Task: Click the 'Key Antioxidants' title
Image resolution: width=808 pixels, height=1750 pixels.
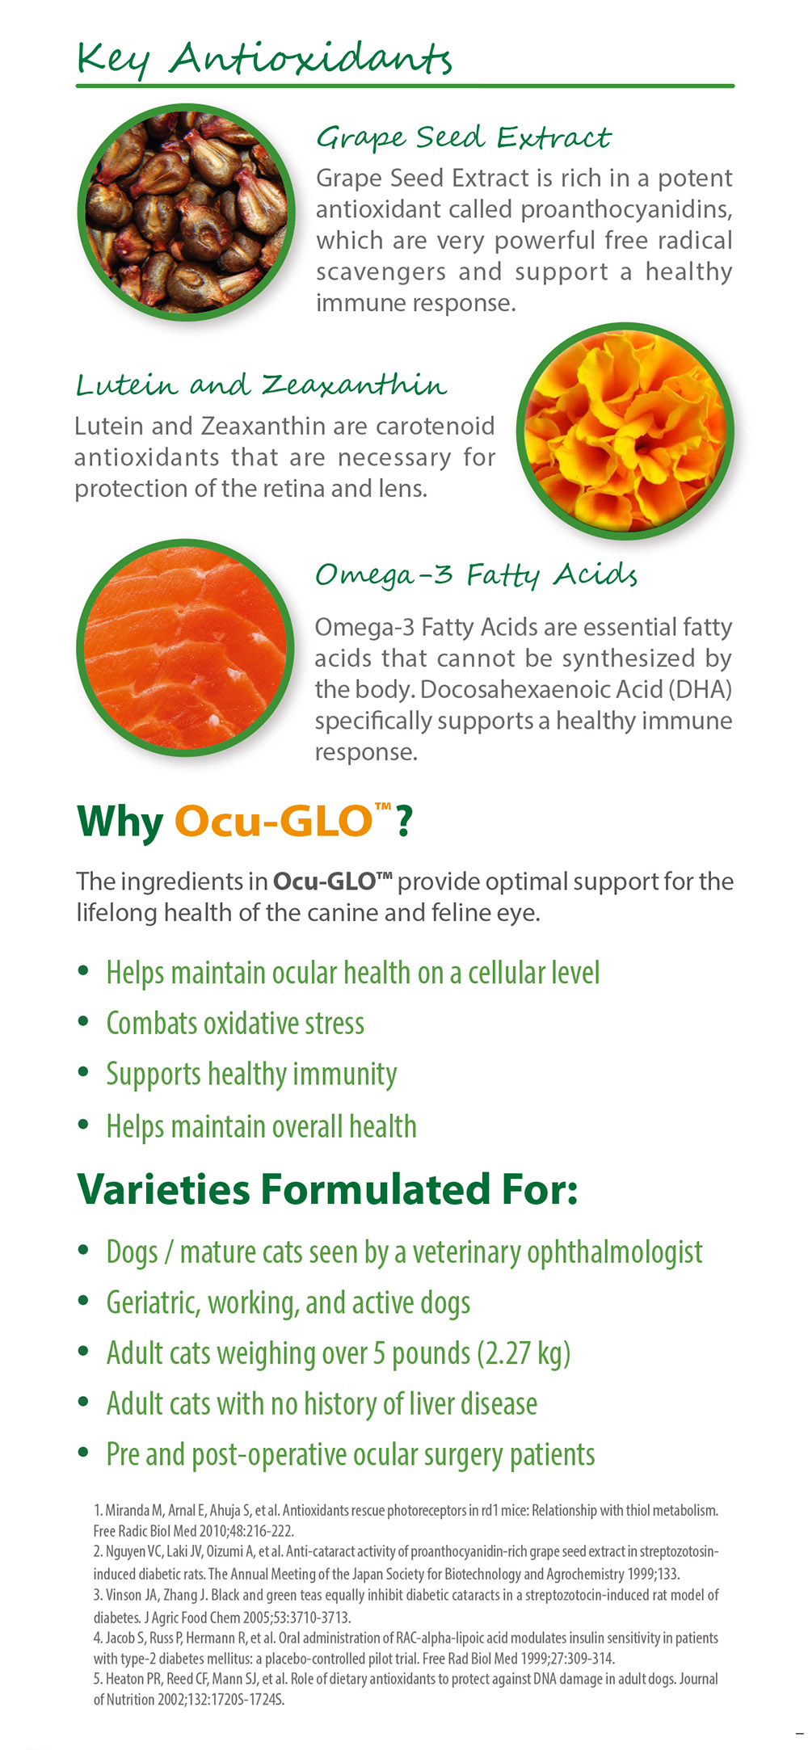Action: (x=263, y=58)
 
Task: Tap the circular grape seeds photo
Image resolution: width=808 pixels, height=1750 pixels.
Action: (x=186, y=212)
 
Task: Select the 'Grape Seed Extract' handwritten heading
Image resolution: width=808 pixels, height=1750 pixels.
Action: (x=463, y=137)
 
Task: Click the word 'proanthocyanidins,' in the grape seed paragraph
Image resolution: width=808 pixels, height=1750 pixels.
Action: (x=626, y=209)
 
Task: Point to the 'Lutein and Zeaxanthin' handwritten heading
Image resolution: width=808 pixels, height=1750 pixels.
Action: (x=261, y=385)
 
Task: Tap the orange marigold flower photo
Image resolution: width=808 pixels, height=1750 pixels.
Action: (x=625, y=431)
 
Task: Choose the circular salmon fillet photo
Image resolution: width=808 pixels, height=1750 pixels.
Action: (x=186, y=647)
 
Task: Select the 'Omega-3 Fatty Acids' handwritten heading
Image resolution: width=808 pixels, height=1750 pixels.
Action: (x=476, y=574)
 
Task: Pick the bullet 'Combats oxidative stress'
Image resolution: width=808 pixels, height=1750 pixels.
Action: (x=235, y=1024)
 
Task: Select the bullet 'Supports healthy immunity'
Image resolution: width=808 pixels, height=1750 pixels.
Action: (x=251, y=1075)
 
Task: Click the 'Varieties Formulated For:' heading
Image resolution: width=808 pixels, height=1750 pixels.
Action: (x=327, y=1189)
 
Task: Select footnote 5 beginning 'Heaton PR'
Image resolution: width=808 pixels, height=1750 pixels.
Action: (x=406, y=1689)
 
